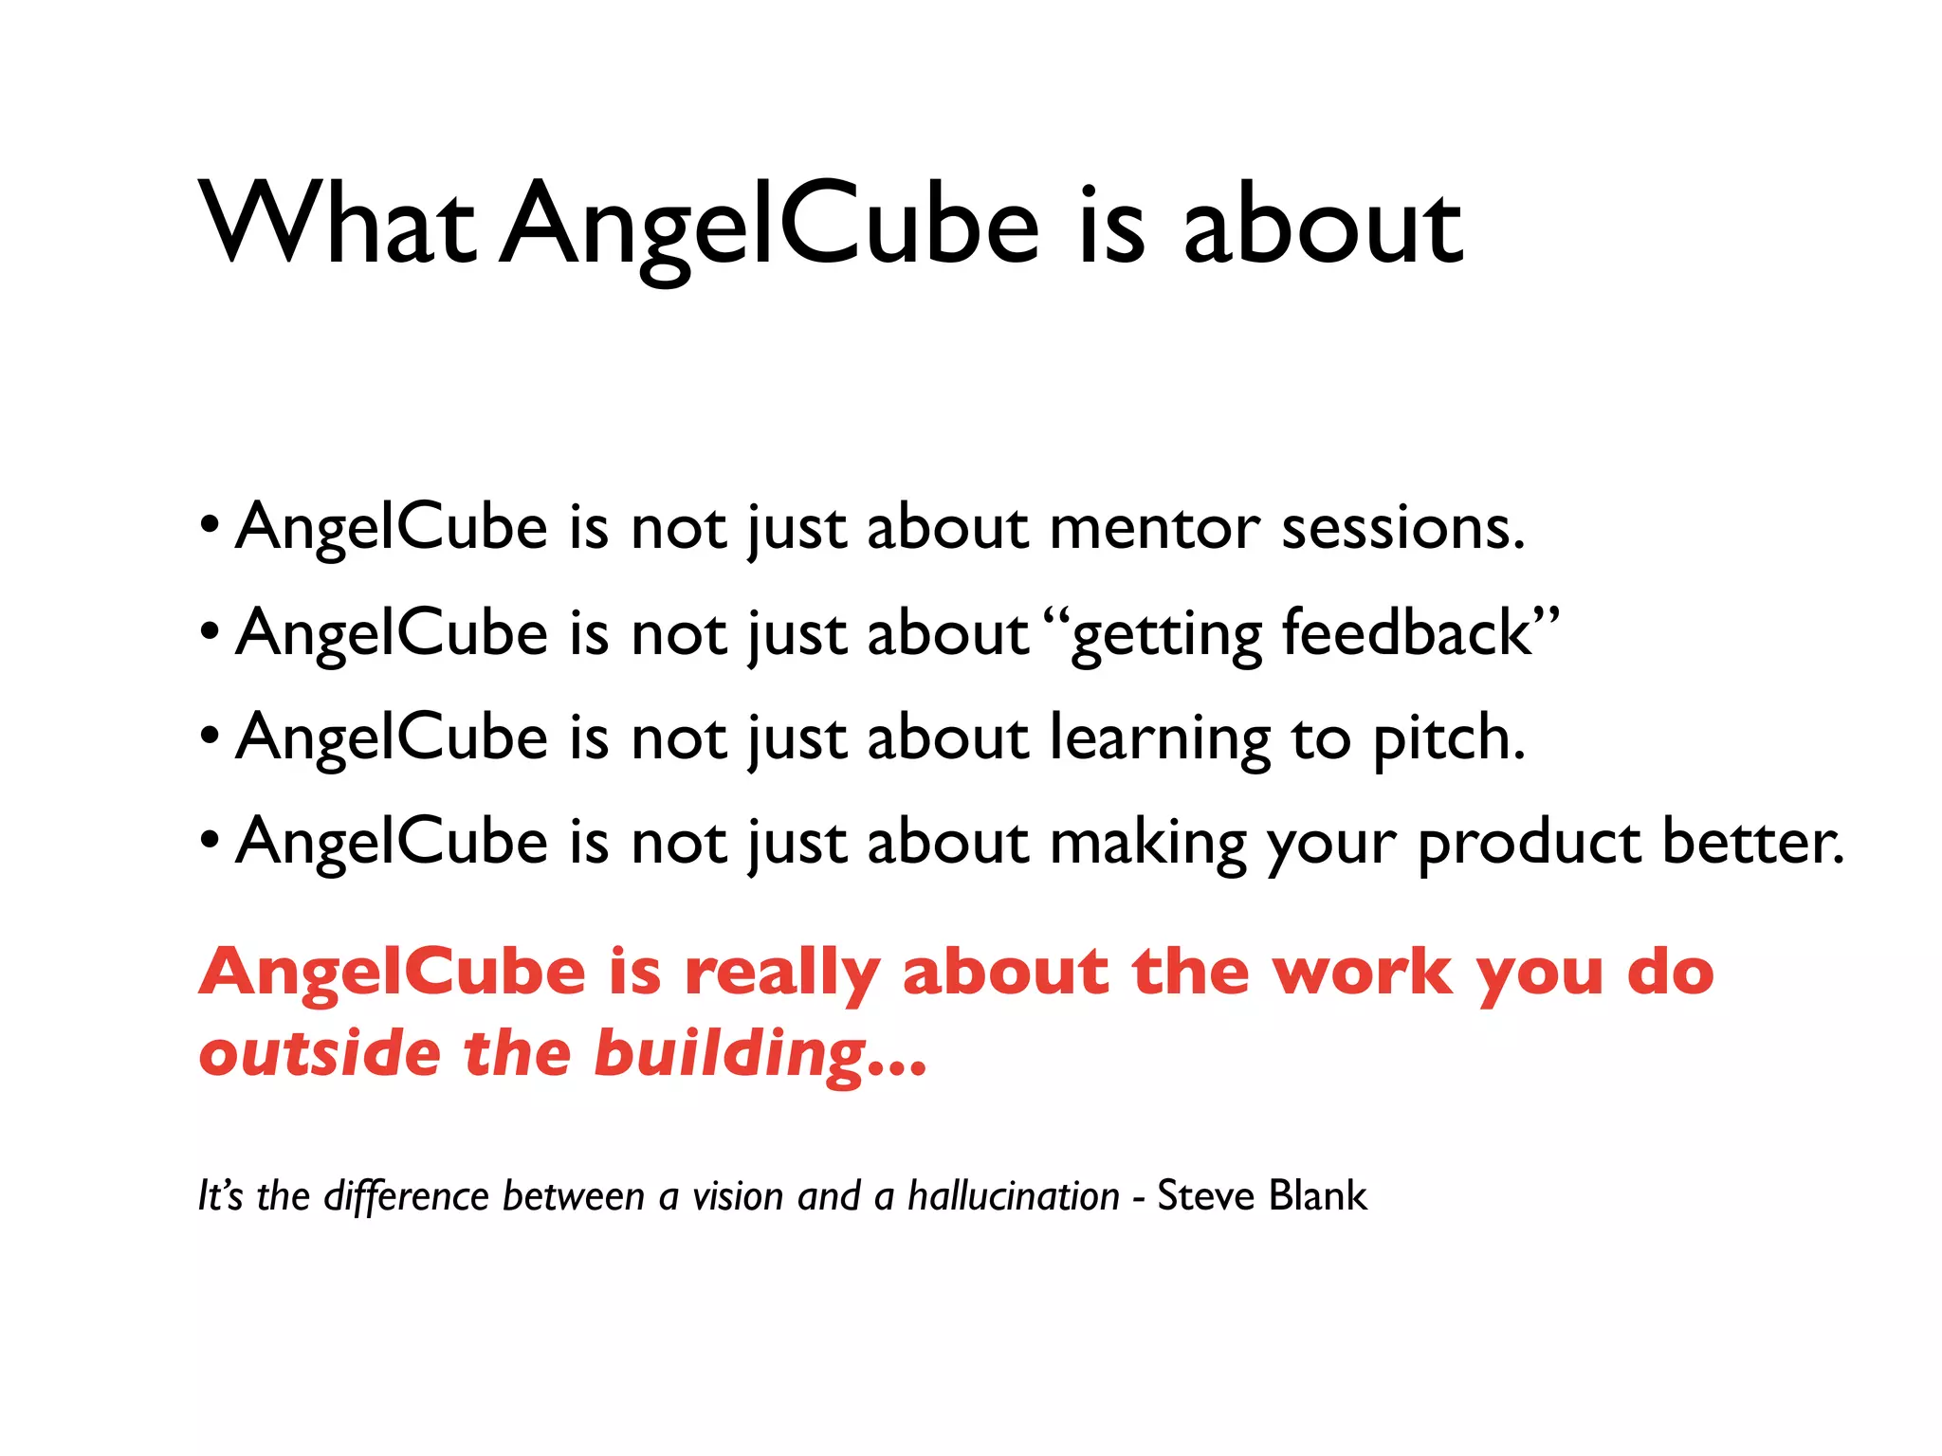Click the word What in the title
337,223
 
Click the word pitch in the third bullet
1448,739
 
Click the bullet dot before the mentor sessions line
211,523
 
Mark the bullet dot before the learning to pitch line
211,734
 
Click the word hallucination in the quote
1014,1196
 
